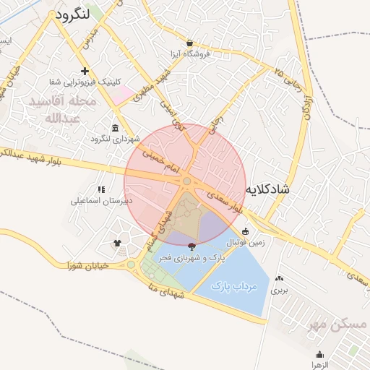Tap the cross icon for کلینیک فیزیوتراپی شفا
(x=85, y=71)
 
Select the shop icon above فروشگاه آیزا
(x=189, y=43)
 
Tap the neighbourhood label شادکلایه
(x=267, y=189)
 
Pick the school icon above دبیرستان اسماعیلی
(x=100, y=189)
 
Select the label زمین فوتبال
(x=246, y=243)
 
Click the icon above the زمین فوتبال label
(x=246, y=232)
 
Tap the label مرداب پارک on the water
(x=235, y=287)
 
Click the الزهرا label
(x=319, y=365)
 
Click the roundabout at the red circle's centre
(x=186, y=181)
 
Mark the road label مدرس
(x=88, y=39)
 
